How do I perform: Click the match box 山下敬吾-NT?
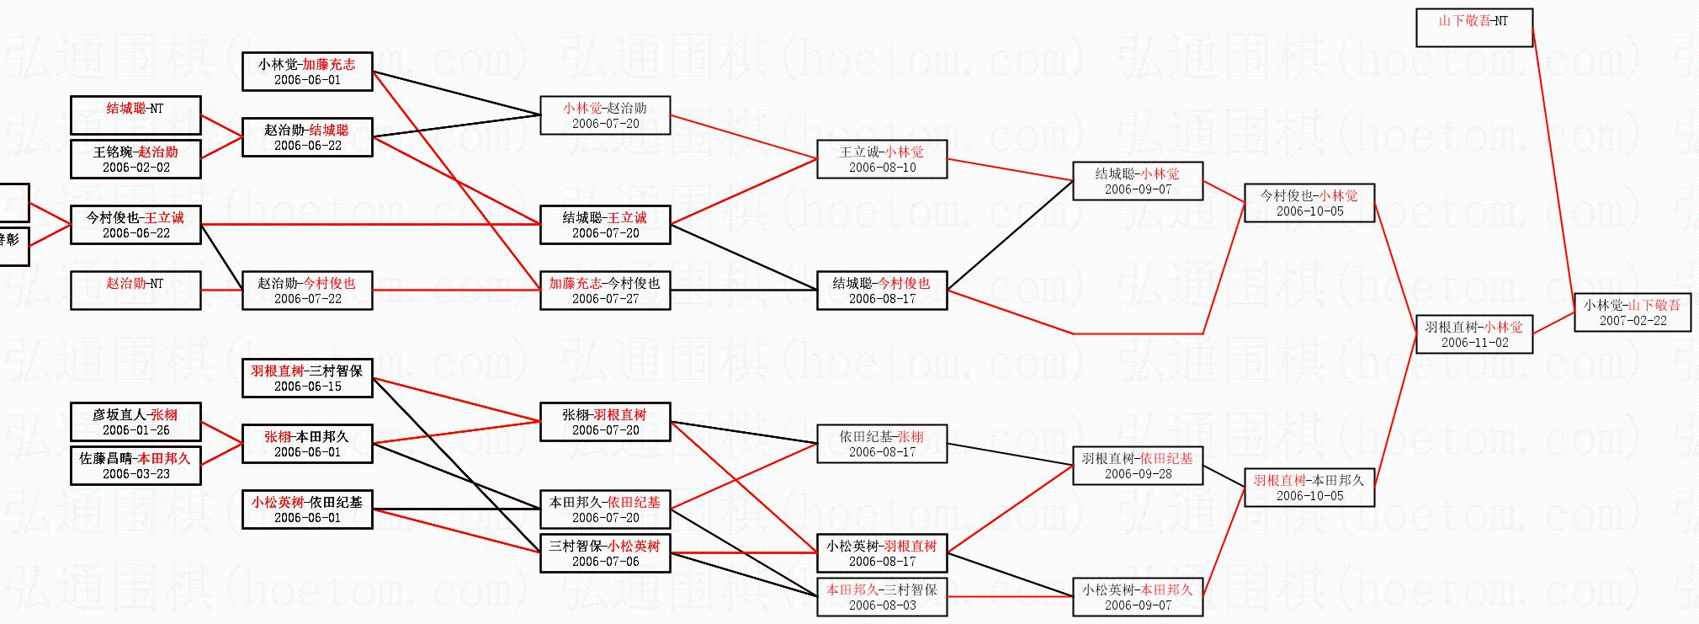point(1473,28)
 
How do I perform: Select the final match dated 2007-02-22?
point(1633,312)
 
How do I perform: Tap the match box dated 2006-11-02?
point(1474,334)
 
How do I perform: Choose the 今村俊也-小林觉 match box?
point(1309,203)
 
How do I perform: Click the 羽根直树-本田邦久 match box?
point(1309,488)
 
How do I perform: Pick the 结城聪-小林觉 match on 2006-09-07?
point(1138,181)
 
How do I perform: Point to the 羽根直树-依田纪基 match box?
point(1138,466)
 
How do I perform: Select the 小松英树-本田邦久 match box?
point(1138,597)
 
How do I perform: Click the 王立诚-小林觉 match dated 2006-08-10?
point(882,159)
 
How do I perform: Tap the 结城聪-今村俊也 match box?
point(882,291)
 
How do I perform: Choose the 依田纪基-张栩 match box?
point(882,444)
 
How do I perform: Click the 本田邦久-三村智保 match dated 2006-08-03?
point(882,597)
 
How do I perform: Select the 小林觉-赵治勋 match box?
point(605,115)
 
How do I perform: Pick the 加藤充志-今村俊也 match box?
point(605,291)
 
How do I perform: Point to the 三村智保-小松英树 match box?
point(605,553)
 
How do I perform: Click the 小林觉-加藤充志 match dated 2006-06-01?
point(307,72)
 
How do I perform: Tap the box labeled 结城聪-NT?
point(135,115)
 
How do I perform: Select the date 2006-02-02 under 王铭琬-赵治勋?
point(136,168)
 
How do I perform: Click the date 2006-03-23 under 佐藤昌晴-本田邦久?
point(136,474)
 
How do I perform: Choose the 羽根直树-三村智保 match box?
point(307,378)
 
